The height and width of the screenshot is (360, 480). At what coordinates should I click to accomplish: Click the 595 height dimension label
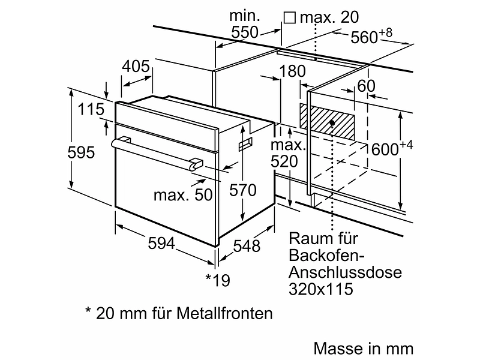click(x=81, y=152)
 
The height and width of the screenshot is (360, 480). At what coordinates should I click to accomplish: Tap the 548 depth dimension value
click(x=247, y=245)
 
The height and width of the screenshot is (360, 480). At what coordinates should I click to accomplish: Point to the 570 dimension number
click(x=243, y=191)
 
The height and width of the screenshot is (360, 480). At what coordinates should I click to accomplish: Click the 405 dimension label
click(x=136, y=67)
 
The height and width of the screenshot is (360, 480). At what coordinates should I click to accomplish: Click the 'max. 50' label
click(x=183, y=194)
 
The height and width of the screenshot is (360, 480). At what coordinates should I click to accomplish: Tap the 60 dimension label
click(x=366, y=86)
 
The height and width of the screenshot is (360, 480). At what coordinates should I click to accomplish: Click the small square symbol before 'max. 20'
click(x=290, y=17)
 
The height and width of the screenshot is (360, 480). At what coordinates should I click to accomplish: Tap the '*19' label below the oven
click(x=217, y=280)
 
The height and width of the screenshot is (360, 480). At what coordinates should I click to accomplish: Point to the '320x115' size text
click(x=320, y=289)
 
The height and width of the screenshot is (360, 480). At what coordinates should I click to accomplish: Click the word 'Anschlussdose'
click(x=345, y=272)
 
